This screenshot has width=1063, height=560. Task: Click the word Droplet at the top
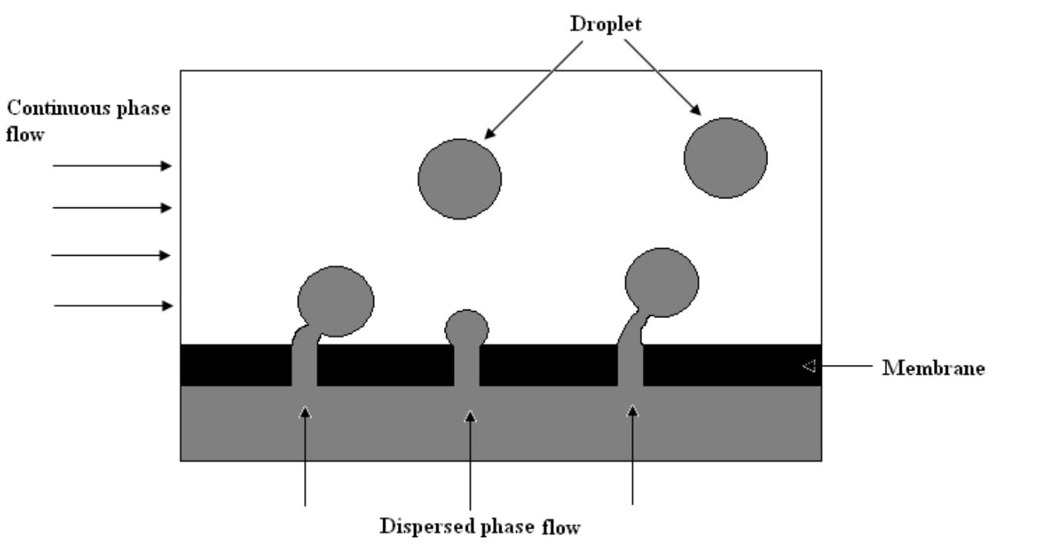(605, 24)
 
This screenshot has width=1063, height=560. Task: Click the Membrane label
(933, 368)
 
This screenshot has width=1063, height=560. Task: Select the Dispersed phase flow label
(480, 527)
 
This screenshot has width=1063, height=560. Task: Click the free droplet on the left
(459, 179)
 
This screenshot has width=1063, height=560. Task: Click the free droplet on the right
(725, 157)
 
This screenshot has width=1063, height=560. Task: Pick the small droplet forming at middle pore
(467, 327)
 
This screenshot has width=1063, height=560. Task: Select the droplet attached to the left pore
(336, 301)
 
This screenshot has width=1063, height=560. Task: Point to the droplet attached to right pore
(662, 283)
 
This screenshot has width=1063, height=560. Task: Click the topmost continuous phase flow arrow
(112, 166)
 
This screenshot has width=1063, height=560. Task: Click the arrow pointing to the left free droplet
(534, 89)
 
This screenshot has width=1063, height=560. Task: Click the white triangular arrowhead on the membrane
(808, 366)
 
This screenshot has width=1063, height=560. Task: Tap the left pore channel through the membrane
(304, 365)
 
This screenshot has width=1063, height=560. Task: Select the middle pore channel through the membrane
(467, 365)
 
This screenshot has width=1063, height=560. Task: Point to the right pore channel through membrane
(631, 365)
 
